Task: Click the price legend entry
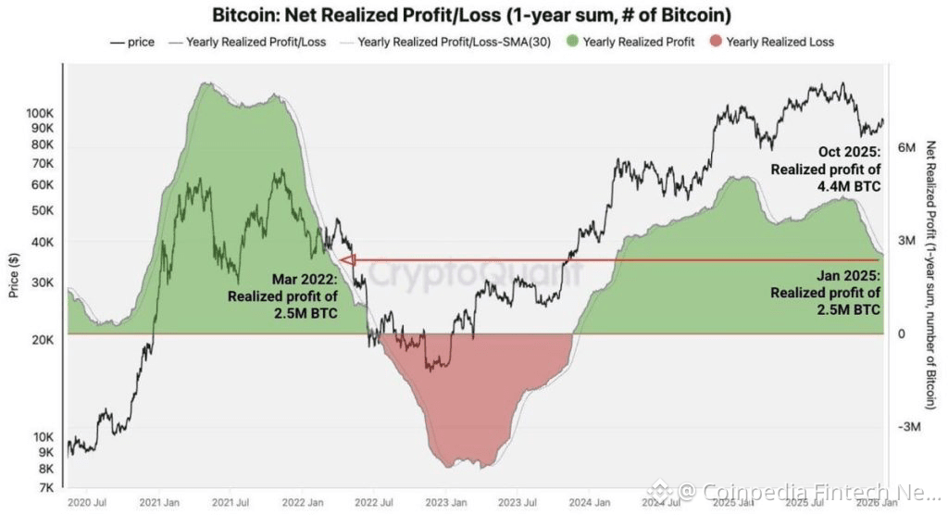click(131, 42)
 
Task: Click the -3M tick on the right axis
click(904, 427)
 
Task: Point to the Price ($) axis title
click(14, 277)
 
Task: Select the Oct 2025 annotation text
click(825, 170)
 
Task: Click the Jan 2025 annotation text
click(825, 293)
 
